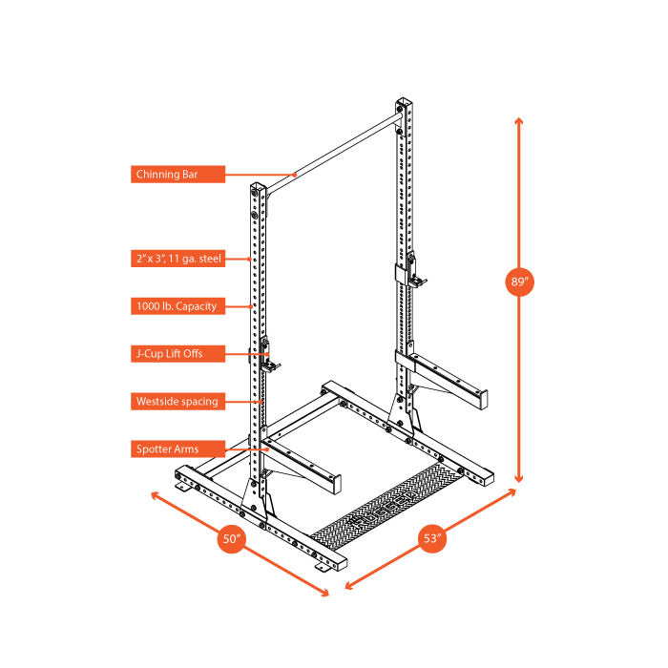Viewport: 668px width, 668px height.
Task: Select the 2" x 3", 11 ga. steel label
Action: (177, 259)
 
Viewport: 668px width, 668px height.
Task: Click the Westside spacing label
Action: (177, 402)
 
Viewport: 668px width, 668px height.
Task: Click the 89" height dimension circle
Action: (519, 282)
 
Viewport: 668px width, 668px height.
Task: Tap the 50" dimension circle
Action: (232, 538)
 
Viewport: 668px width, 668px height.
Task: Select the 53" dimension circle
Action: (433, 538)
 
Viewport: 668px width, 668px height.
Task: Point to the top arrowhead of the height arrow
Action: (519, 121)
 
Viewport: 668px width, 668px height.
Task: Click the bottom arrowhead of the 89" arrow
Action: (519, 479)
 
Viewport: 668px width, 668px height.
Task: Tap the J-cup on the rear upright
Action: (413, 269)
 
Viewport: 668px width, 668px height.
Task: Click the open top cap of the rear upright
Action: (404, 101)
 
